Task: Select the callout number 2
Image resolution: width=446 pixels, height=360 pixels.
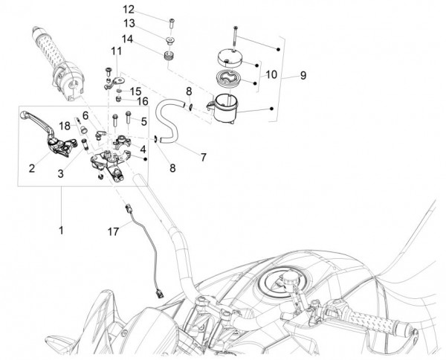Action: [x=32, y=168]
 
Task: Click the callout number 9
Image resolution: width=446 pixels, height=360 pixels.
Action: [x=303, y=75]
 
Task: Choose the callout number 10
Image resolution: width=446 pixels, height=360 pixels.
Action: [x=271, y=74]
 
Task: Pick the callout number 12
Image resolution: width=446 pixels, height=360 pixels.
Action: [x=129, y=10]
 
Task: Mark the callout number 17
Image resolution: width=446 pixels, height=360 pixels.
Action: [x=113, y=233]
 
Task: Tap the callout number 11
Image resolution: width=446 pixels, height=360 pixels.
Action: [x=115, y=51]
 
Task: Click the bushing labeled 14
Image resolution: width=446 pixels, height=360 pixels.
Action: [x=168, y=56]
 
